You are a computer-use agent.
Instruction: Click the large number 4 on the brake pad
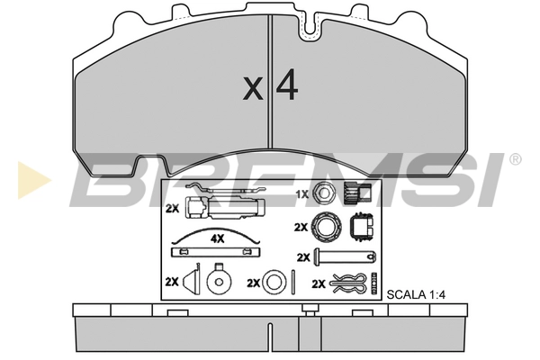[286, 85]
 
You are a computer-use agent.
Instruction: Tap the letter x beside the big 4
[253, 89]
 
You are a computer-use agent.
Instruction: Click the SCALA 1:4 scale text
[416, 295]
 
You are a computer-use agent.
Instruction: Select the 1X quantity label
[302, 194]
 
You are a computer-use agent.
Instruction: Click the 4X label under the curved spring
[217, 238]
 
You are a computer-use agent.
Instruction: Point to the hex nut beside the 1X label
[324, 193]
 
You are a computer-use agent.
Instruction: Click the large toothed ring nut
[327, 227]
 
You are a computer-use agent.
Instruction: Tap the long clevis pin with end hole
[345, 257]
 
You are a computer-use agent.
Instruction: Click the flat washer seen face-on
[274, 282]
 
